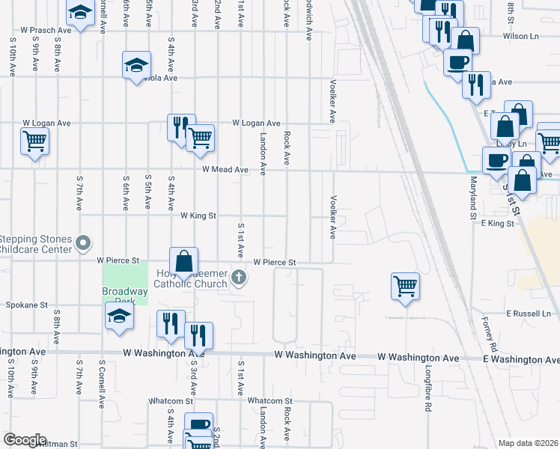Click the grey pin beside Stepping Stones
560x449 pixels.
coord(83,243)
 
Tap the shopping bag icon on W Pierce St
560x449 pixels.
coord(184,263)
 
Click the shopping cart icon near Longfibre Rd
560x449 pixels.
coord(405,286)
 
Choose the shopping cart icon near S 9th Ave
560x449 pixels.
coord(35,140)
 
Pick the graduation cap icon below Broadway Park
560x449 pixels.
coord(119,317)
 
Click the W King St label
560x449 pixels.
coord(198,216)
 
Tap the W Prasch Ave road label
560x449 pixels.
coord(46,31)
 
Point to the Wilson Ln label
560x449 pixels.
coord(522,35)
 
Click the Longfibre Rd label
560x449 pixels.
coord(428,389)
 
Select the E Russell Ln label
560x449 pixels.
coord(533,313)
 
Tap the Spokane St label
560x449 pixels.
coord(26,305)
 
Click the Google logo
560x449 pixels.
coord(25,440)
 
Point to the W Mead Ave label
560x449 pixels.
coord(225,170)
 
